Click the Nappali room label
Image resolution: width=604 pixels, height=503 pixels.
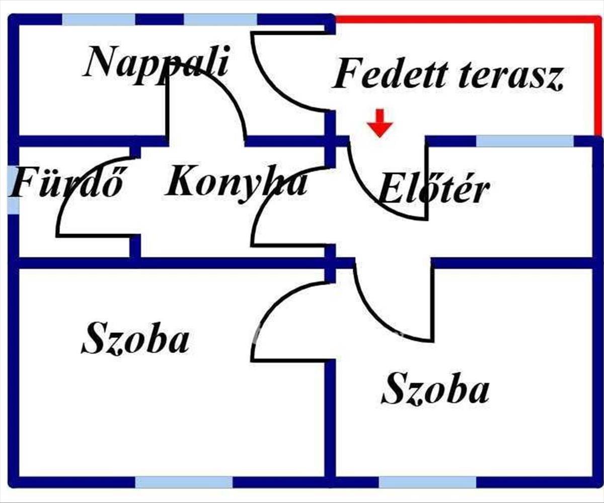tap(156, 65)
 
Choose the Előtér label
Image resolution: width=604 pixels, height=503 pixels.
tap(434, 189)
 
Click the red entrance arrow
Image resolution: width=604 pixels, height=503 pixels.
tap(380, 123)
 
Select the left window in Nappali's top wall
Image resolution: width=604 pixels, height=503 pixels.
tap(99, 20)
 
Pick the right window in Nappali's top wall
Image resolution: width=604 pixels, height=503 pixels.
tap(220, 20)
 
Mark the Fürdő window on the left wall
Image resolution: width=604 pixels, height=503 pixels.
tap(13, 190)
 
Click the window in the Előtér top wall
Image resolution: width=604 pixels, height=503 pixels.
tap(525, 141)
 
